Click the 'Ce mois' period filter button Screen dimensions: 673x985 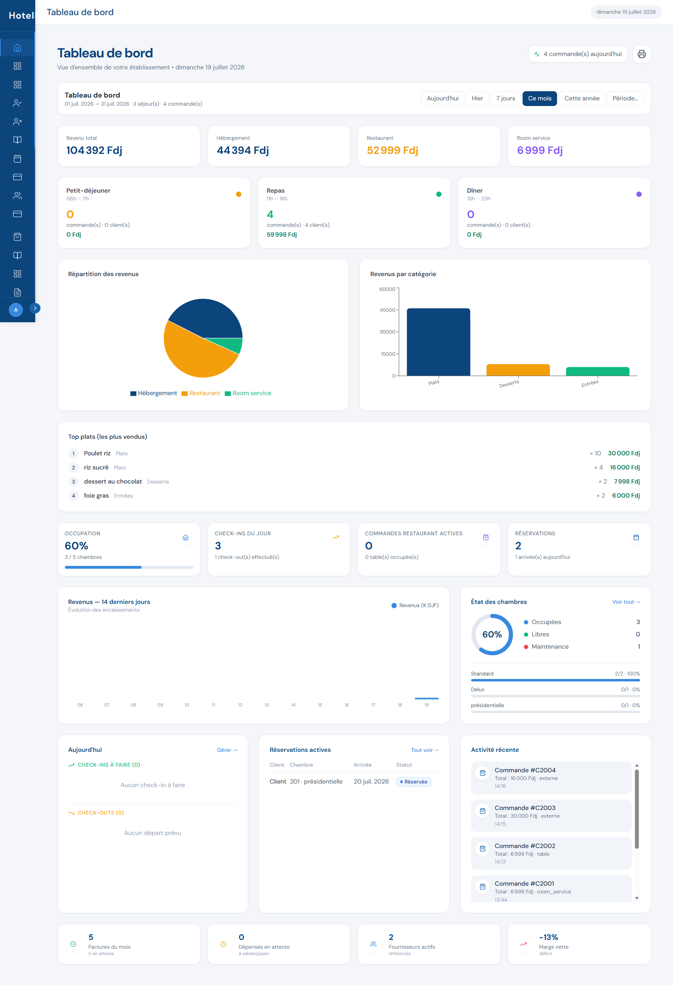[x=539, y=98]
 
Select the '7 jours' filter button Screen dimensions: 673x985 [x=506, y=98]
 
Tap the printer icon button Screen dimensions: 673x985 [x=642, y=54]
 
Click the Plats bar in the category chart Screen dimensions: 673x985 [x=438, y=342]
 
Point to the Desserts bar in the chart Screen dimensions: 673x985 [x=518, y=370]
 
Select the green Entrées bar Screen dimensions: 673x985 [x=598, y=372]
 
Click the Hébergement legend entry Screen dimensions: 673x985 [x=154, y=393]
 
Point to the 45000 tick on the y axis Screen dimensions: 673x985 [x=388, y=310]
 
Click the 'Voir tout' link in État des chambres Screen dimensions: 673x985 [x=626, y=602]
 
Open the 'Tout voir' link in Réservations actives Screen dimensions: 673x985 [x=425, y=750]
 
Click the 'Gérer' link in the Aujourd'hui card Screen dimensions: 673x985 [x=227, y=750]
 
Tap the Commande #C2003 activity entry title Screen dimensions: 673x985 [x=525, y=808]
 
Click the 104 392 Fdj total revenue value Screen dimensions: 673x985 [x=94, y=150]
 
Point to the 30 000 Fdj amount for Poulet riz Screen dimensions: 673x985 [x=623, y=454]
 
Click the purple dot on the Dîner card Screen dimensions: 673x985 [x=639, y=194]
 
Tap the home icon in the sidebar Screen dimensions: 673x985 [x=17, y=48]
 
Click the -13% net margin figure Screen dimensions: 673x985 [x=548, y=937]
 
